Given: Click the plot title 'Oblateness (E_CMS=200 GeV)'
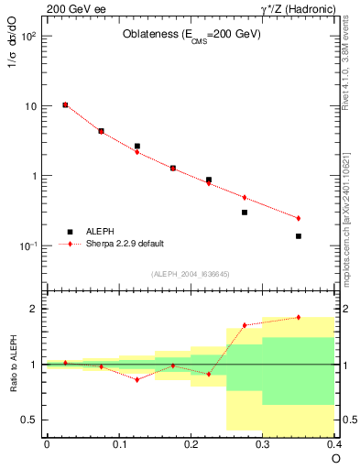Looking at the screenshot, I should click(191, 35).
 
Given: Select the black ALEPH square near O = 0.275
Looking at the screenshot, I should click(245, 213).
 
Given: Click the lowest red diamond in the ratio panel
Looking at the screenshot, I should click(136, 379).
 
